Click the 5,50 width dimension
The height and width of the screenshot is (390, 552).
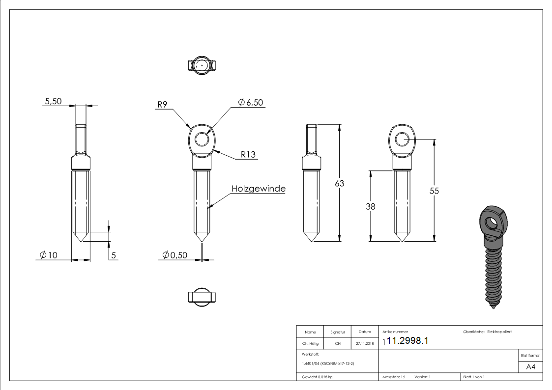click(53, 101)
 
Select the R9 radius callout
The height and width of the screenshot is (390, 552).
click(163, 105)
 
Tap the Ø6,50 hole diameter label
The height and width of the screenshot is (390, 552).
click(251, 102)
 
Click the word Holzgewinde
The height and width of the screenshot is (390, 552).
click(259, 189)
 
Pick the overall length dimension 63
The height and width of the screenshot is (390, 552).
click(339, 183)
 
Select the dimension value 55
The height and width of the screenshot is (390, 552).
click(434, 191)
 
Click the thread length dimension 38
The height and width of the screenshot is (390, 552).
click(370, 207)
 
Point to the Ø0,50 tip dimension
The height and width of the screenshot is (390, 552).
click(175, 255)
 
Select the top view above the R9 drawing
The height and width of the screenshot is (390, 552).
click(202, 65)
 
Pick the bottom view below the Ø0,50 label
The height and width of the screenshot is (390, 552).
click(202, 297)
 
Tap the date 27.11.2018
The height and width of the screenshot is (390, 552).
click(365, 344)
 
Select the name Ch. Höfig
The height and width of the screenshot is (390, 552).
click(310, 344)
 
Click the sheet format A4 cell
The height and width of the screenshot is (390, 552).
click(530, 367)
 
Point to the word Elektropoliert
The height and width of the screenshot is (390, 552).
click(499, 332)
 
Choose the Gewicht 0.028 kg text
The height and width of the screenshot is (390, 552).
click(318, 377)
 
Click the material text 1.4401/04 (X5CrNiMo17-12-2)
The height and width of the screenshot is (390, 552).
click(328, 363)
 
